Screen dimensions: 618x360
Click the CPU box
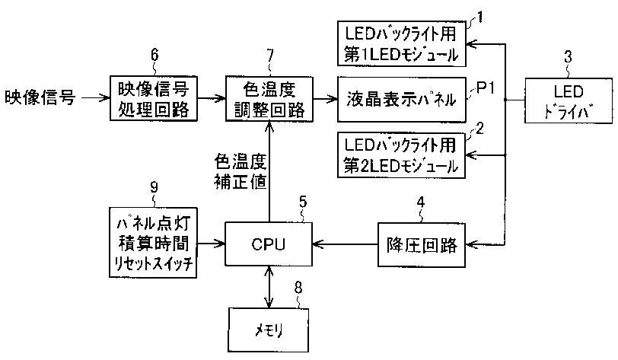point(269,244)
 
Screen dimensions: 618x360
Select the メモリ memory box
point(269,330)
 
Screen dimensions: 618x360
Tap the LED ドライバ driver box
point(569,101)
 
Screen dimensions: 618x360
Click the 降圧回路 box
point(422,245)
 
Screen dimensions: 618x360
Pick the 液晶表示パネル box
point(402,100)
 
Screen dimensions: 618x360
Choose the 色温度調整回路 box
point(269,99)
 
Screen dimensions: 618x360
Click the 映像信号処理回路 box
point(153,98)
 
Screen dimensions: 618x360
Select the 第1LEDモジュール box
point(402,43)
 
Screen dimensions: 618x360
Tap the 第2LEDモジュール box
point(402,155)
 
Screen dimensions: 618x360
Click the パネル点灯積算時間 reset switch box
point(153,243)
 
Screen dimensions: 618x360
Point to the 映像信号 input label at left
point(40,97)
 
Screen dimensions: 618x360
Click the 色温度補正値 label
point(241,171)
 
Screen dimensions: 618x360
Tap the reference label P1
point(485,88)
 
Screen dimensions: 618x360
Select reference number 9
point(154,187)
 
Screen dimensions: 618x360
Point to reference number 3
point(568,57)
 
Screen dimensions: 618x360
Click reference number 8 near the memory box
point(298,288)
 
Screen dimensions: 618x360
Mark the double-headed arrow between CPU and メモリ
point(269,287)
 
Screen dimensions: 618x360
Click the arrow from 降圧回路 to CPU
point(345,244)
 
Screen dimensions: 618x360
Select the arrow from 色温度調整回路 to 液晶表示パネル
point(326,99)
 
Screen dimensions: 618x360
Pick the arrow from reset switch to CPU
point(211,244)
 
